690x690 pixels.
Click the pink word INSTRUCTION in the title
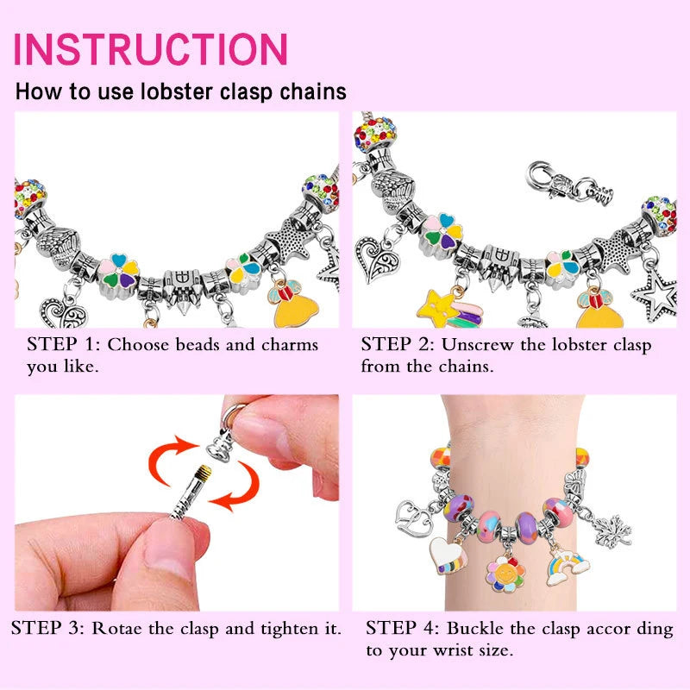(150, 49)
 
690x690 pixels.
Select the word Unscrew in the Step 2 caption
(477, 344)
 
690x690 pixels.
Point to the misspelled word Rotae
(117, 628)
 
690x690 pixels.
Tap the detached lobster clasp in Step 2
(570, 181)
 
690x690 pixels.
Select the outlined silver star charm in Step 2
(655, 293)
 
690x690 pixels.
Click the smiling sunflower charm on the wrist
(505, 574)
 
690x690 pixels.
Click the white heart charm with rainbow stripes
(448, 555)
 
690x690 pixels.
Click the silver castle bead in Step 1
(183, 288)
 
